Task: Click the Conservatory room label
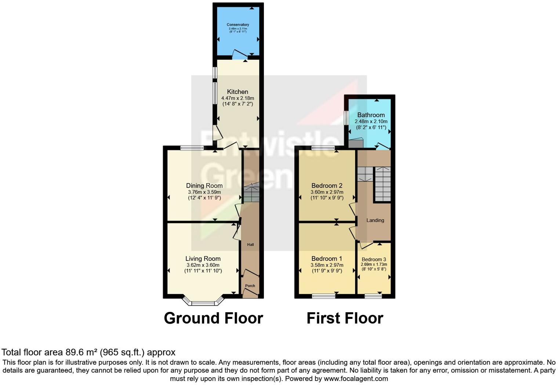238,25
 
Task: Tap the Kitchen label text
238,92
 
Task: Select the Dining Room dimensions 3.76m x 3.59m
204,192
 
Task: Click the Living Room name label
203,259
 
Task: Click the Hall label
250,245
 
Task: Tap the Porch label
250,286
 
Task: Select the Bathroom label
371,115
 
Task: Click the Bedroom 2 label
327,186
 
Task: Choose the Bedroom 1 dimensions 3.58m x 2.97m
327,265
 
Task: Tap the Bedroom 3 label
374,259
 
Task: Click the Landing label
375,220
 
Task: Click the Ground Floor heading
213,318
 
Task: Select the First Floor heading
345,318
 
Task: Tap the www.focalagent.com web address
356,378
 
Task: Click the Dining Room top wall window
192,148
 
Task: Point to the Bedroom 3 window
373,296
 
